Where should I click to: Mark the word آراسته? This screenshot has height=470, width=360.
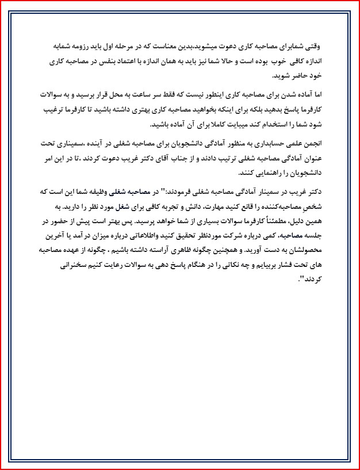[x=190, y=251]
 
